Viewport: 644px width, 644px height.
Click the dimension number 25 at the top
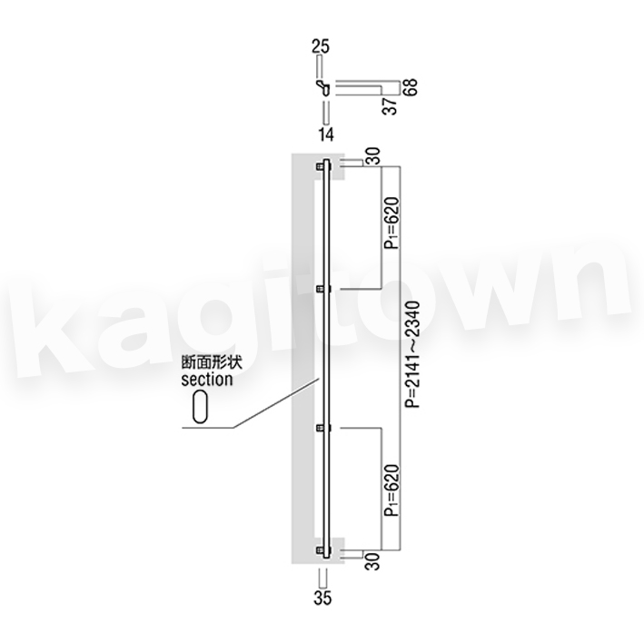(x=321, y=46)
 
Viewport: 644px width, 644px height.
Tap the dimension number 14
(x=326, y=134)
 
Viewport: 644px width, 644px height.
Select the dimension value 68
(x=410, y=87)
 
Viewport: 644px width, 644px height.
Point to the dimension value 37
(x=391, y=105)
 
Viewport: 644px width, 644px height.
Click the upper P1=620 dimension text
(x=391, y=223)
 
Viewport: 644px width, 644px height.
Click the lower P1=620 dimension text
(x=391, y=490)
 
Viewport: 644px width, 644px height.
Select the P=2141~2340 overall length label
(x=412, y=354)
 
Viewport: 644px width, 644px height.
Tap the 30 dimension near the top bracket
(x=373, y=156)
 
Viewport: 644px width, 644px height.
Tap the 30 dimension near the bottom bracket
(x=373, y=561)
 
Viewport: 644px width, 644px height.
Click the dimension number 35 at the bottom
(x=322, y=598)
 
